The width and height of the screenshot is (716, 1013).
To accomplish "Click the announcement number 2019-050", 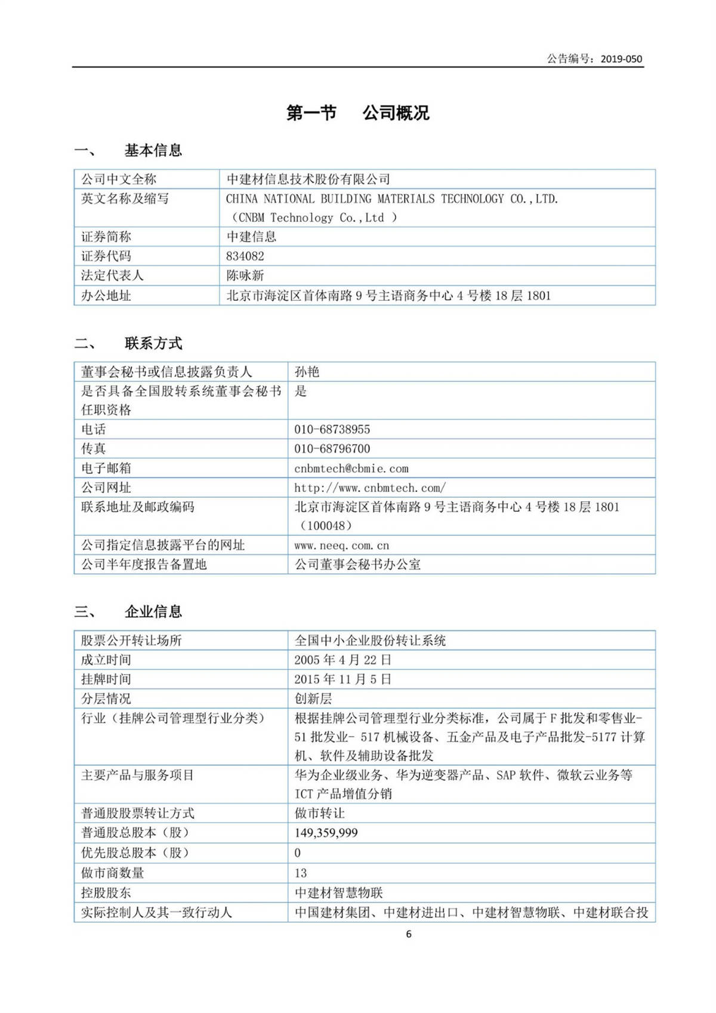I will coord(621,58).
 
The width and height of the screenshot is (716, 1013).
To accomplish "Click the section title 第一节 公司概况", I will coord(357,113).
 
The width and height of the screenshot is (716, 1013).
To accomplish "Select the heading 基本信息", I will coord(153,150).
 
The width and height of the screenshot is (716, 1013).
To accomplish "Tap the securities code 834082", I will coord(245,256).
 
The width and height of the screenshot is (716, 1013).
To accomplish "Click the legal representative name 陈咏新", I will coord(245,276).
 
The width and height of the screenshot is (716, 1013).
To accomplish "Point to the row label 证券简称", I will coord(106,237).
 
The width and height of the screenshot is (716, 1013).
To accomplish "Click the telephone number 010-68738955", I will coord(332,429).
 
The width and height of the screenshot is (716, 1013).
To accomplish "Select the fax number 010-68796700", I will coord(332,449).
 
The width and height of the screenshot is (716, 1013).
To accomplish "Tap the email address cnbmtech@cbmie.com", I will coord(351,469).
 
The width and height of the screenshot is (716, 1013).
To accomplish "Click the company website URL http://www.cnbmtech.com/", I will coord(370,488).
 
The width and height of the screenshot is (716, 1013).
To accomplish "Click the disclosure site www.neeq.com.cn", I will coord(341,546).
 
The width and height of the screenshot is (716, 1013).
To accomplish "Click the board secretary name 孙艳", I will coord(307,372).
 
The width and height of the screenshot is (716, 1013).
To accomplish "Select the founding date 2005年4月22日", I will coord(342,660).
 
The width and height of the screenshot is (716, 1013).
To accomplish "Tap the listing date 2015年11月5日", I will coord(342,679).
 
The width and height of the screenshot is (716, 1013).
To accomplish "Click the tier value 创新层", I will coord(313,698).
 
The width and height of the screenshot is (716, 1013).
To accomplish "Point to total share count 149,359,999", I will coord(326,833).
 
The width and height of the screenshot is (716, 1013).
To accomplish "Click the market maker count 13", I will coord(301,873).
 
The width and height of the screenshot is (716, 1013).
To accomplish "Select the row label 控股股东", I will coord(106,892).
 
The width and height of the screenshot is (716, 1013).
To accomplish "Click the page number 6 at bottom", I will coord(409,934).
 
